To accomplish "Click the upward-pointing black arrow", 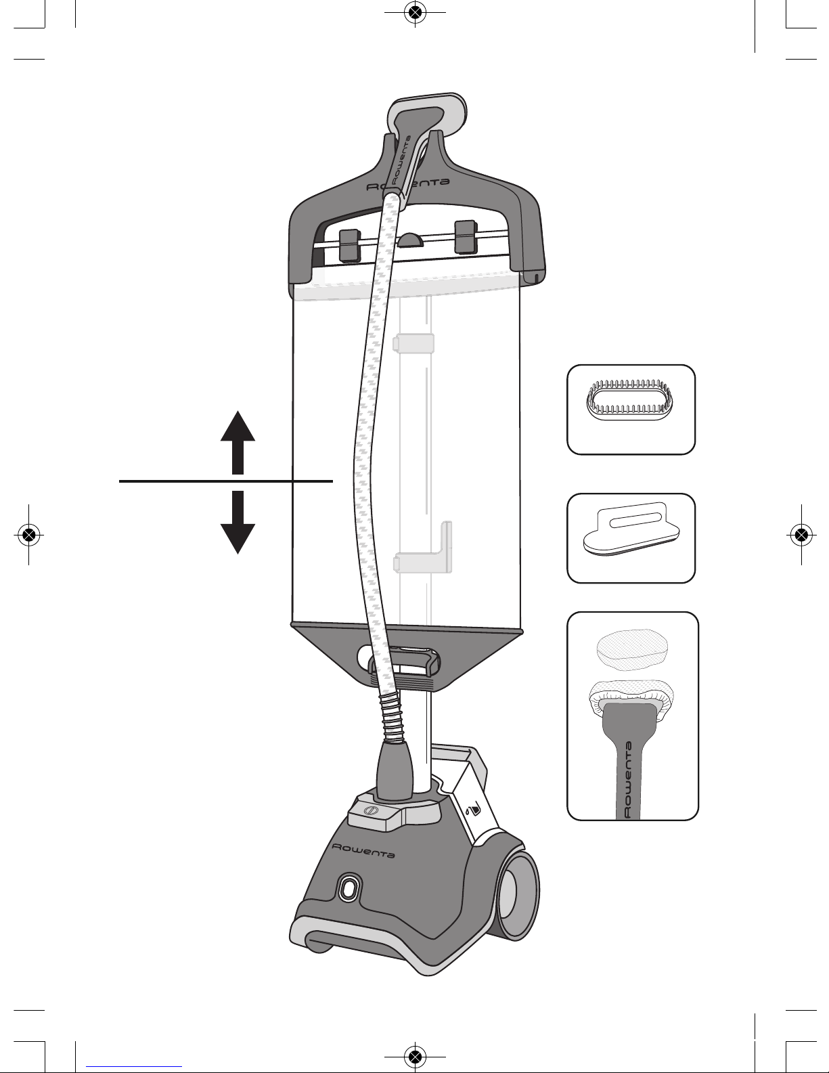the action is (x=238, y=443).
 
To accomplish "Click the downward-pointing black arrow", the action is (x=238, y=523).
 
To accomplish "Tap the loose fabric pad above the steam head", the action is (x=632, y=649).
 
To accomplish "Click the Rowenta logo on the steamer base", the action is (x=363, y=850).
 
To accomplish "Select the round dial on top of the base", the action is (x=371, y=811).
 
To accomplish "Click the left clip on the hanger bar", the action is (x=349, y=245).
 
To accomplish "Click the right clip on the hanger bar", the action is (x=466, y=237).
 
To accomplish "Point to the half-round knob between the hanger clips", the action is (x=411, y=240).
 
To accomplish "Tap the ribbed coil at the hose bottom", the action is (x=392, y=717).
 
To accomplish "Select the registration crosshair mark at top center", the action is (x=415, y=12).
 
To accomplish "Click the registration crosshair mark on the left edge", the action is (x=28, y=534).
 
